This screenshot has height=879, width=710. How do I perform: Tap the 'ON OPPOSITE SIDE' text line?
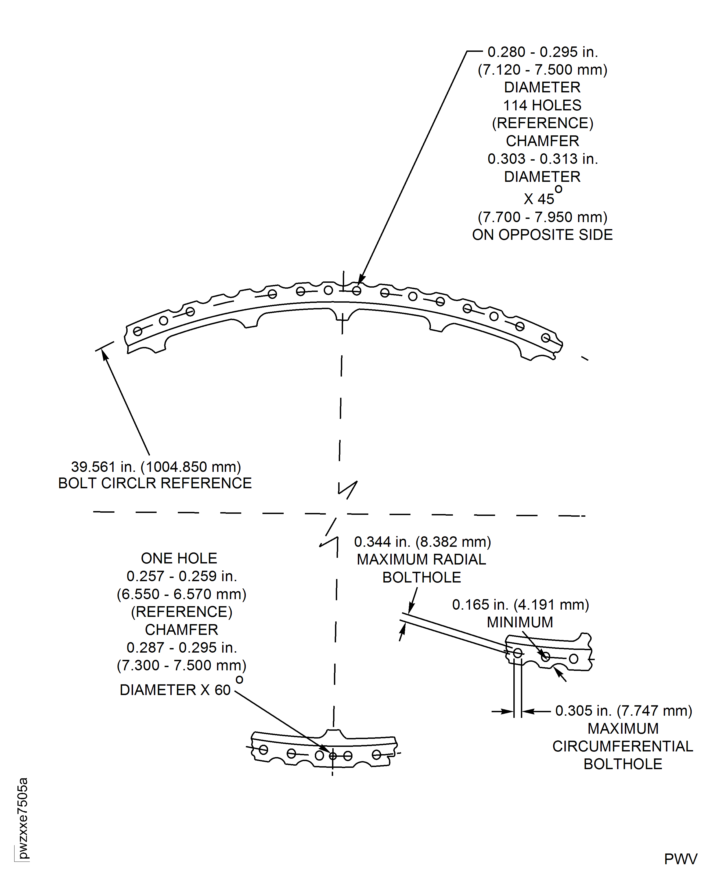coord(542,235)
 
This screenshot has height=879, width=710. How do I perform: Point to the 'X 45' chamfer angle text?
coord(539,199)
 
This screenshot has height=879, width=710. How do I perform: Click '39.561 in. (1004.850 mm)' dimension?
coord(156,466)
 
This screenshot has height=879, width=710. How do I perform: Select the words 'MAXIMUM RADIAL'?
coord(421,559)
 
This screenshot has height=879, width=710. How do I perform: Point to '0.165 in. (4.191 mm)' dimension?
coord(520,605)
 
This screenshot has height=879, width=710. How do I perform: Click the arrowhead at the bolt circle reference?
coord(105,355)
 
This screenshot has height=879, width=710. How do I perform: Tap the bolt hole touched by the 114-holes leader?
coord(357,291)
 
